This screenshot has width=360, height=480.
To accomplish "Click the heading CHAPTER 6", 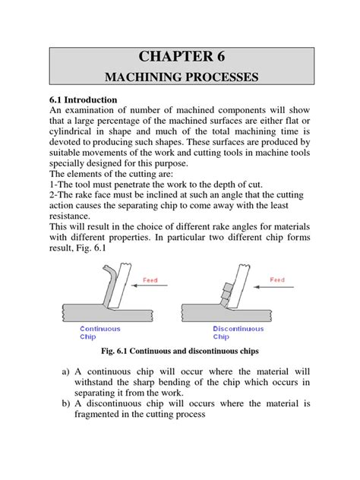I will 181,56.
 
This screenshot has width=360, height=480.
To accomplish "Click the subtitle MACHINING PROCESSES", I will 181,77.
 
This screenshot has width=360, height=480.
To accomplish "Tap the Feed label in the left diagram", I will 151,279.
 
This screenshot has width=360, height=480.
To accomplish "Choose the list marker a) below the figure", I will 66,372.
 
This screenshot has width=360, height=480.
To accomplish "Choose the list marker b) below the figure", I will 66,404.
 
